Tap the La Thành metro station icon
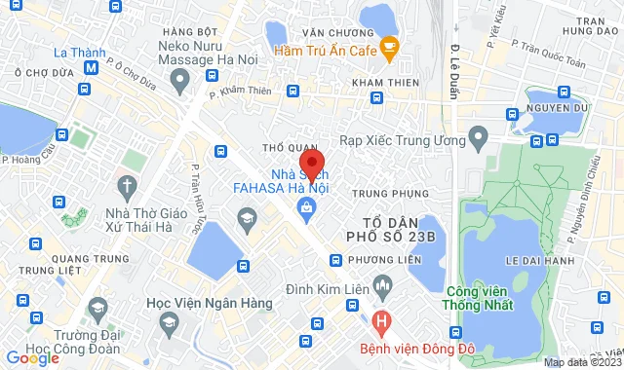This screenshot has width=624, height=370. pyautogui.click(x=91, y=68)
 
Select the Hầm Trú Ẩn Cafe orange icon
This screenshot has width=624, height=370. pyautogui.click(x=389, y=45)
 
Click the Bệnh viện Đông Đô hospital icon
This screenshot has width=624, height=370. pyautogui.click(x=381, y=320)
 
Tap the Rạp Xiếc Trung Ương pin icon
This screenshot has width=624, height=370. pyautogui.click(x=478, y=134)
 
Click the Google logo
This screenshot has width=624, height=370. pyautogui.click(x=32, y=357)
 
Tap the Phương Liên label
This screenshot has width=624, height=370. pyautogui.click(x=381, y=260)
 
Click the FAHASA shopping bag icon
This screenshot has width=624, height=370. pyautogui.click(x=307, y=205)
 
